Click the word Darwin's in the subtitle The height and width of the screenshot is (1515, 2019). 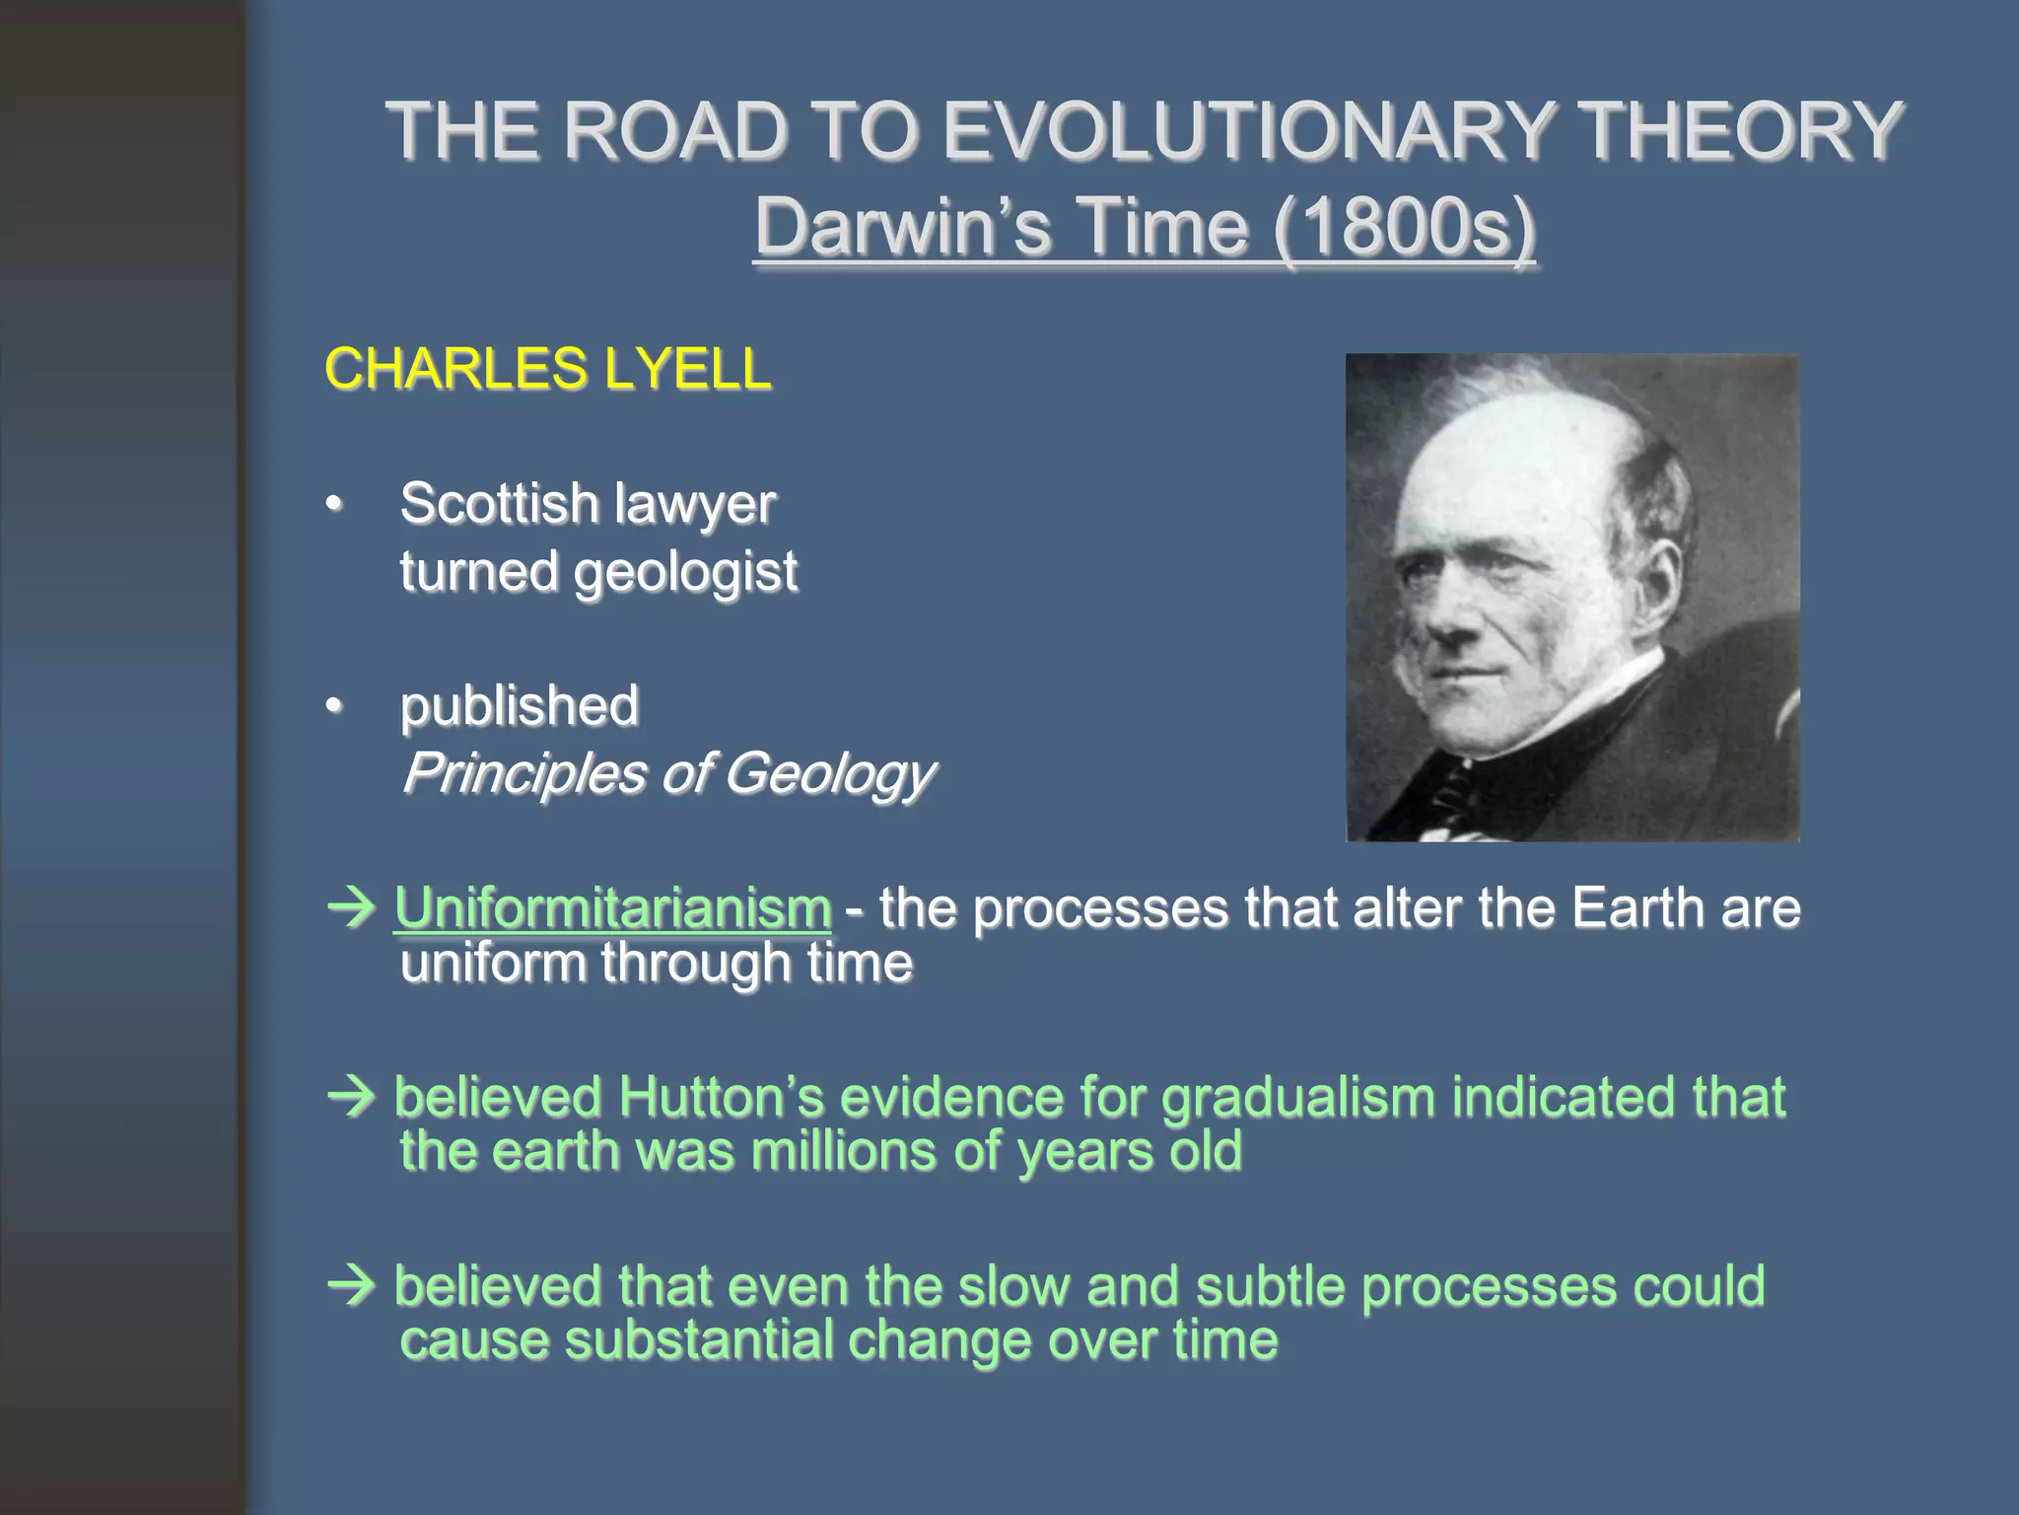coord(902,227)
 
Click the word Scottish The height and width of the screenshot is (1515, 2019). coord(499,504)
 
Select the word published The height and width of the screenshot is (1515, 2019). coord(520,706)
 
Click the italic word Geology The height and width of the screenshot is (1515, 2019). coord(829,774)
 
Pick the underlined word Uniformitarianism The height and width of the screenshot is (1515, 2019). coord(612,908)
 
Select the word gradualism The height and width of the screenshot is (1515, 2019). coord(1297,1098)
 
